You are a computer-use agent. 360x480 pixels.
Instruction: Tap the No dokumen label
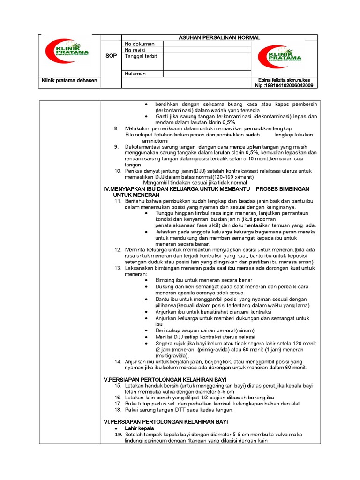point(139,44)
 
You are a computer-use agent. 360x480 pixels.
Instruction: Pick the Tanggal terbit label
point(141,56)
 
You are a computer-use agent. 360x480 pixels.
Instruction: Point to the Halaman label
point(135,74)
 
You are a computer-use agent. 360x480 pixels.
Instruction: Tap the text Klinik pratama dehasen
point(69,80)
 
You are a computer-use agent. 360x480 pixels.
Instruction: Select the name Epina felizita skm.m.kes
point(284,80)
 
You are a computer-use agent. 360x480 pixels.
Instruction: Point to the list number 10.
point(118,171)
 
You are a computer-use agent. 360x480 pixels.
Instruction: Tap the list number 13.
point(118,268)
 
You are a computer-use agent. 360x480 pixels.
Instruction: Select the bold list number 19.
point(118,435)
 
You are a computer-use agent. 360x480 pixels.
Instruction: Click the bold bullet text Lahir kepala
point(140,428)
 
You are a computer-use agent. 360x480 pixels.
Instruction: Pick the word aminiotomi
point(155,141)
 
